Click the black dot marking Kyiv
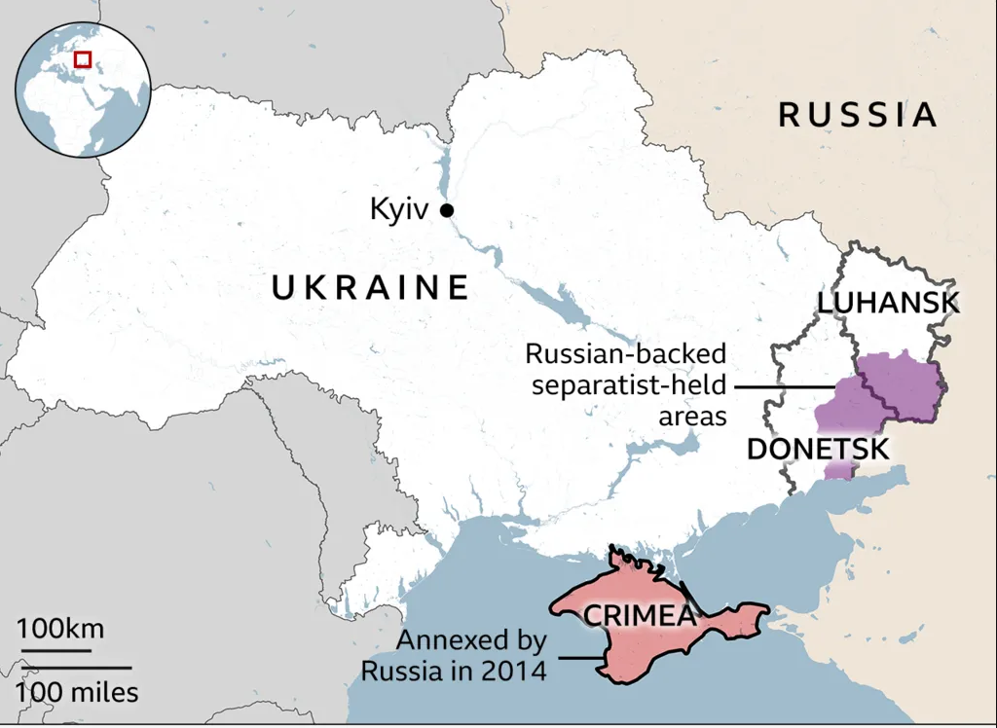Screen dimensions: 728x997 pos(447,210)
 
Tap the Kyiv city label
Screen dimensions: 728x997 pos(398,209)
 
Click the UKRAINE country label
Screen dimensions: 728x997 pos(370,288)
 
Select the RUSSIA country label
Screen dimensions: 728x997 pos(858,115)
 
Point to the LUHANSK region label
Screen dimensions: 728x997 pos(888,303)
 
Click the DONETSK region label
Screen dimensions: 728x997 pos(817,450)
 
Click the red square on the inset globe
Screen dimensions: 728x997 pos(83,59)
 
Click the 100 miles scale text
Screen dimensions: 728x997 pos(76,693)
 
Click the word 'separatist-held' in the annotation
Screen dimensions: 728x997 pos(629,385)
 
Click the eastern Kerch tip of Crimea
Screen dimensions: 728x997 pos(759,613)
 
